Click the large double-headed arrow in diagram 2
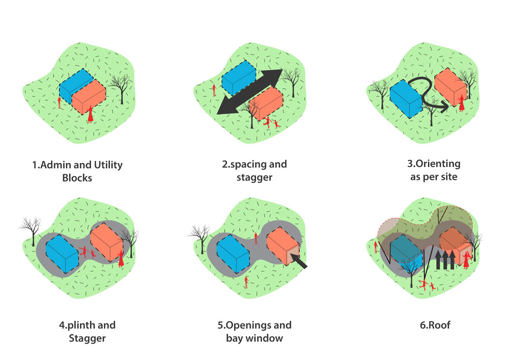(249, 92)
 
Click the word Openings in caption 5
(267, 325)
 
